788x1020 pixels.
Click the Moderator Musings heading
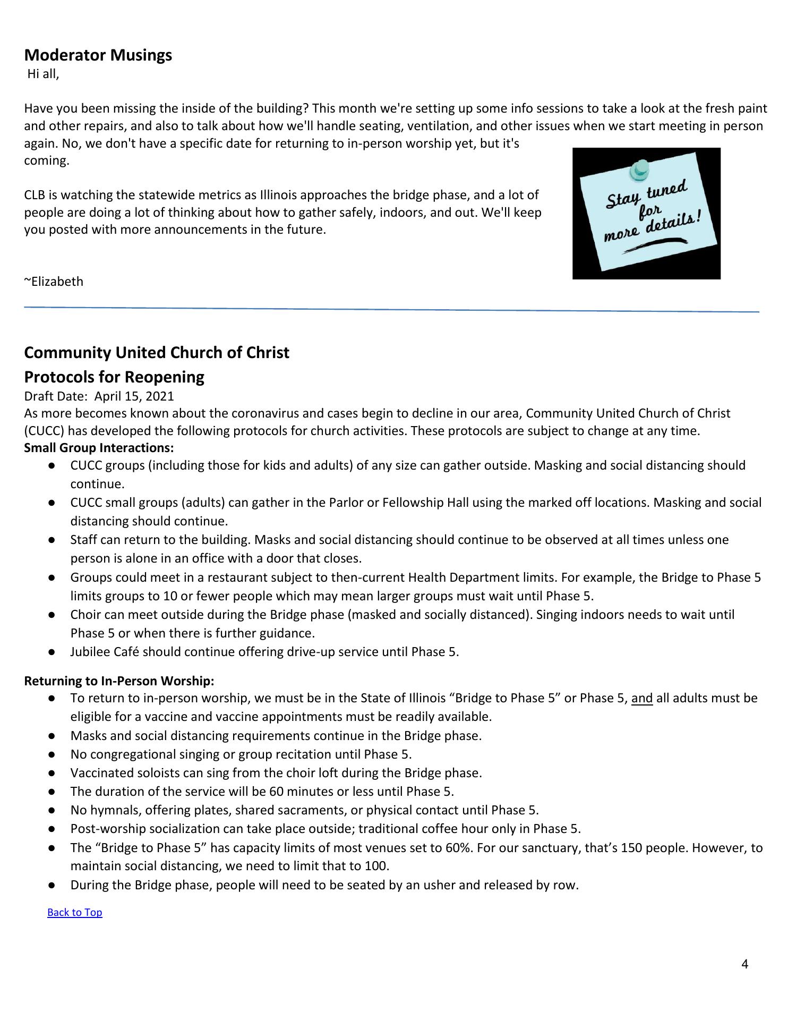(98, 55)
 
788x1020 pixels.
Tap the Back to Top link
(74, 912)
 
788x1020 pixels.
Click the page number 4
(744, 964)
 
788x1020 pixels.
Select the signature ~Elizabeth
(54, 282)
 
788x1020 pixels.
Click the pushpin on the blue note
(639, 169)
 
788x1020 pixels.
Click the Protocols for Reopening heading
(114, 377)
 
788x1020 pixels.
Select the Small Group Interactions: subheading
(99, 448)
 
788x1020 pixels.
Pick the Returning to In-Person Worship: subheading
(119, 681)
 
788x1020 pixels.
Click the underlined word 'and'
(641, 698)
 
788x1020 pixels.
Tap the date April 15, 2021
(134, 396)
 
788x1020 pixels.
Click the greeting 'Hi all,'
(43, 74)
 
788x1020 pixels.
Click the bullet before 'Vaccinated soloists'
(52, 773)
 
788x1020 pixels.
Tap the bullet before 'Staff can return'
(52, 540)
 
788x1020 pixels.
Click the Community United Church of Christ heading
(157, 353)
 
